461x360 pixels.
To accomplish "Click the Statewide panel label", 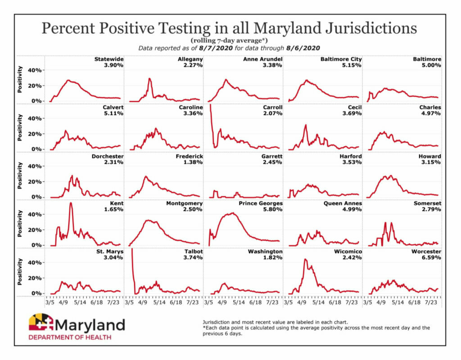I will click(x=108, y=59).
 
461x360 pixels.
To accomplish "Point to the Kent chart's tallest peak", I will click(x=71, y=203).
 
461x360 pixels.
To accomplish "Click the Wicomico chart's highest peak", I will click(x=305, y=259).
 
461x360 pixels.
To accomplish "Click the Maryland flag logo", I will click(x=41, y=323).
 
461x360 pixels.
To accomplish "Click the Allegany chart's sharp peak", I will click(x=149, y=79).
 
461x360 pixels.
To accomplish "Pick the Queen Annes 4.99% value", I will click(x=353, y=210).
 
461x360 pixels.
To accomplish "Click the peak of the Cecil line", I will click(x=306, y=125).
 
